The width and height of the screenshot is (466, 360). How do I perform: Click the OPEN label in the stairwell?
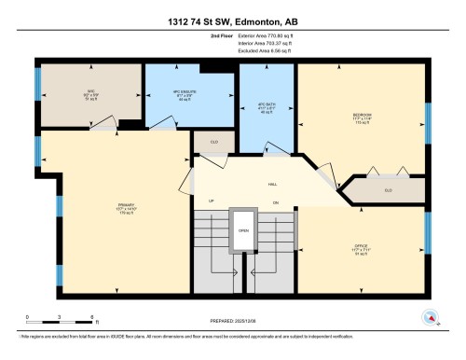(x=243, y=230)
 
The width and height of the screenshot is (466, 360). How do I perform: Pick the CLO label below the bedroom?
(x=389, y=190)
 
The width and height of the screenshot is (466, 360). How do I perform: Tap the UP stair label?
(x=212, y=201)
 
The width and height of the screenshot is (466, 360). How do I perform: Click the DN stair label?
(x=275, y=201)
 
